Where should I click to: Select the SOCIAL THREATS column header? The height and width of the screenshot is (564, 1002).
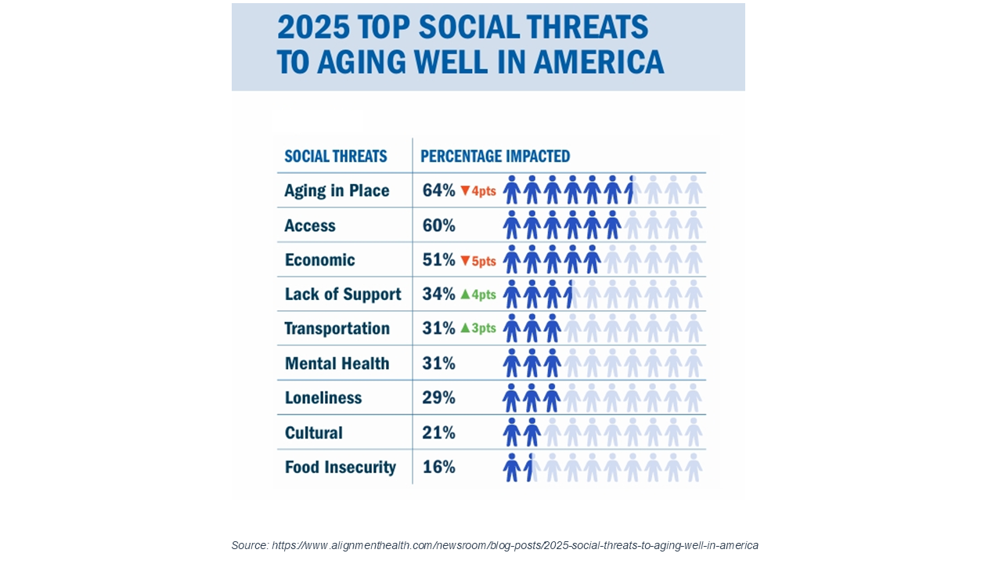click(336, 156)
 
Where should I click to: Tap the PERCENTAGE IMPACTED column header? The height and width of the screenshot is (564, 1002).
click(495, 156)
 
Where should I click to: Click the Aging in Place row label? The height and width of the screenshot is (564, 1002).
click(337, 190)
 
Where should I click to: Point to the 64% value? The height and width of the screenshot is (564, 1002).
click(438, 190)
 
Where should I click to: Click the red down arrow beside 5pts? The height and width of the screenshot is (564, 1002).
click(465, 260)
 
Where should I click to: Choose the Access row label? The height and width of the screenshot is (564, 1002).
click(310, 226)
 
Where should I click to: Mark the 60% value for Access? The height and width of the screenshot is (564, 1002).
click(438, 226)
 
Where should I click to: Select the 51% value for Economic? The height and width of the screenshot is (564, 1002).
click(438, 260)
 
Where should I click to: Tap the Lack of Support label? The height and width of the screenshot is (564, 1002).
click(343, 295)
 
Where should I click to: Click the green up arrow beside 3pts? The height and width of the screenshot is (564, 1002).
click(465, 328)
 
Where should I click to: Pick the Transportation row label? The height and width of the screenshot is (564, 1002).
click(337, 328)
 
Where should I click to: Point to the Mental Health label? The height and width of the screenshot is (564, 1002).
click(337, 363)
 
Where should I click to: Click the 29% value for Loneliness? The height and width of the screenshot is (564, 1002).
click(438, 398)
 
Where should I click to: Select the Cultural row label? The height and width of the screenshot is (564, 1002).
click(314, 432)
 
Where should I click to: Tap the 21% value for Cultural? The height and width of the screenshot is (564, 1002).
click(438, 432)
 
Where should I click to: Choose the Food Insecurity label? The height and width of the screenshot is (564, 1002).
click(341, 468)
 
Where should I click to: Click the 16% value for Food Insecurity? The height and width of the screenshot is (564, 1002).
click(438, 468)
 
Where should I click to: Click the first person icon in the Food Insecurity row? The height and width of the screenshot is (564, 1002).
click(512, 468)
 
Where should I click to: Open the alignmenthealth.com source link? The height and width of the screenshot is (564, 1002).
click(515, 545)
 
